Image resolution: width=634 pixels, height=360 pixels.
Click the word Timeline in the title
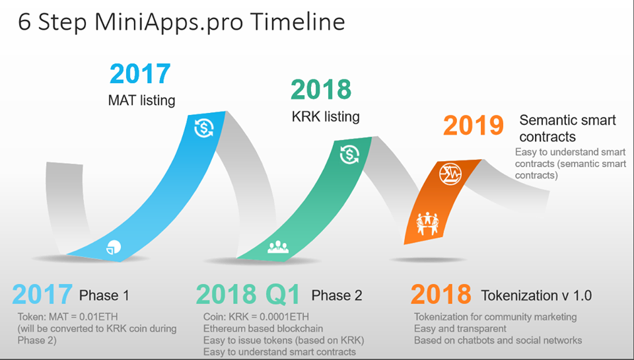point(297,21)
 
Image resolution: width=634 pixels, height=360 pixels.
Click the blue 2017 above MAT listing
point(140,73)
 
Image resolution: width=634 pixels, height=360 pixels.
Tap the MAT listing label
point(141,100)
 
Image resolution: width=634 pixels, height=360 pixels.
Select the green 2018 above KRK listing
point(321,89)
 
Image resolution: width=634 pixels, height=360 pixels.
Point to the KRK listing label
point(326,116)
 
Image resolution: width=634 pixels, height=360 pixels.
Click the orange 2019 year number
point(474,126)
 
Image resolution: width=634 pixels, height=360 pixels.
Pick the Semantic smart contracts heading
point(568,128)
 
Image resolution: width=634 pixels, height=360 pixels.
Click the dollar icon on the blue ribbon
point(204,128)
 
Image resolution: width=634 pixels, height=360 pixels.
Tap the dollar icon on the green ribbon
point(349,154)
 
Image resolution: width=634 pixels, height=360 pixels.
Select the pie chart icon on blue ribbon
point(114,247)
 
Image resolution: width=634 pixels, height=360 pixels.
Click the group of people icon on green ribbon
point(278,247)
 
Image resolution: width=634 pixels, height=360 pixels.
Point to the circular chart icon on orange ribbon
point(450,174)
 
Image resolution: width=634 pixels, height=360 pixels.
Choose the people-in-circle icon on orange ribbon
point(427,223)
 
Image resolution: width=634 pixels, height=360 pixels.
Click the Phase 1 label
point(104,295)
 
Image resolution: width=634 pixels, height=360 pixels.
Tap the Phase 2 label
point(337,295)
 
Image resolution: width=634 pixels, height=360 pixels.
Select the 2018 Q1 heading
point(248,295)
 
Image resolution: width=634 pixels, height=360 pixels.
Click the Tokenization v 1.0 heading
point(536,295)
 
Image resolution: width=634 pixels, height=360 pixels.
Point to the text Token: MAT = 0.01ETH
point(67,316)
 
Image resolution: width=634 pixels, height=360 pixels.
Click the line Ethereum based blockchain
point(264,328)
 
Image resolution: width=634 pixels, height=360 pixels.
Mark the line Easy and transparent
point(460,328)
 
